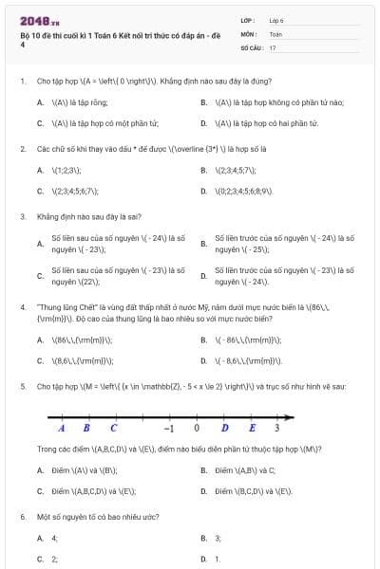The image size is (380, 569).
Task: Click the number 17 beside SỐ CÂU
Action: pos(273,46)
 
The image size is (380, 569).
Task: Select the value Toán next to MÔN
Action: pos(275,33)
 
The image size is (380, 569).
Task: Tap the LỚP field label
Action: pos(247,20)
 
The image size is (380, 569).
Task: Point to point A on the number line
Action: pos(61,428)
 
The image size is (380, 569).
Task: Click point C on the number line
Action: pos(113,428)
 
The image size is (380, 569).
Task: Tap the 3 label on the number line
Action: pos(275,428)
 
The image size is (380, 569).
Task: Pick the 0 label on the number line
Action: pos(197,428)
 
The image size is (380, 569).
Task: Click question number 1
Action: pos(22,82)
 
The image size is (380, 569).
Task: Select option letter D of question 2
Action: pos(204,191)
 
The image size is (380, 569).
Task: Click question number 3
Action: pos(22,216)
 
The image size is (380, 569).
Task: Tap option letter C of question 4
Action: pos(40,361)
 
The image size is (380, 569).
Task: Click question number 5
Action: pos(22,387)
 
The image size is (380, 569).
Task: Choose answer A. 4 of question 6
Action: pos(47,538)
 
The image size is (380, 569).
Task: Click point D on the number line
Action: pos(224,428)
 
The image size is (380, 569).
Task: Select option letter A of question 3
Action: pos(40,244)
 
